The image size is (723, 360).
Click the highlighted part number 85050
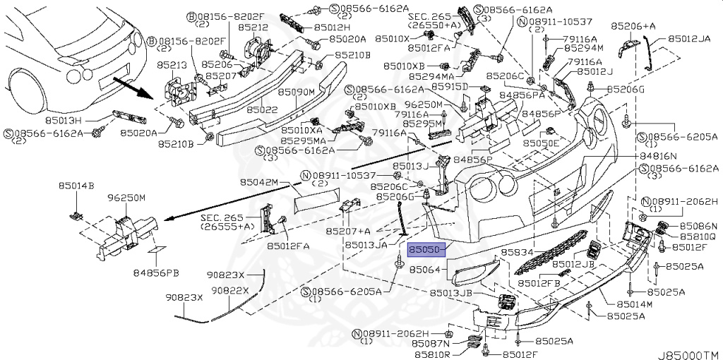click(x=425, y=249)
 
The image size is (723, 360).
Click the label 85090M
click(x=296, y=92)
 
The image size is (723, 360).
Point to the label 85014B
click(x=76, y=186)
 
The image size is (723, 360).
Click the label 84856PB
click(x=153, y=272)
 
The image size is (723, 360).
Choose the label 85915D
click(x=450, y=86)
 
